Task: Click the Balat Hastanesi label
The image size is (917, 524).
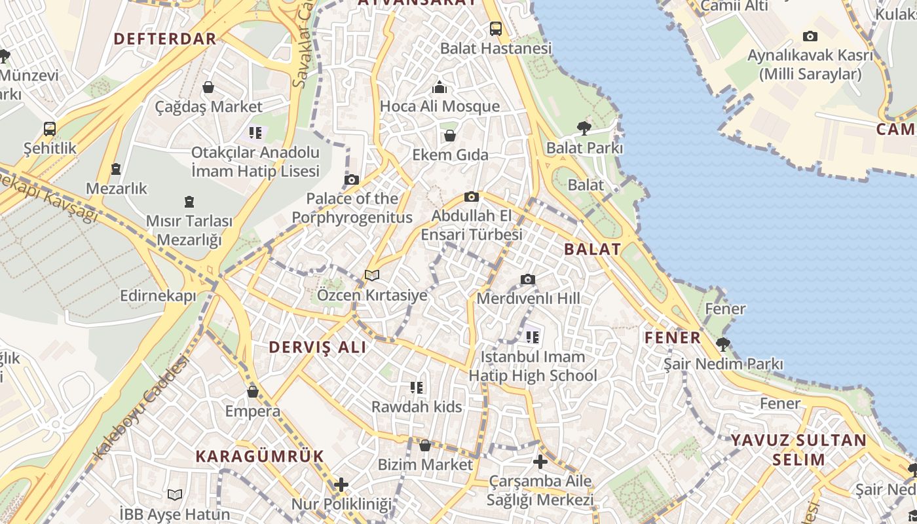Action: coord(496,48)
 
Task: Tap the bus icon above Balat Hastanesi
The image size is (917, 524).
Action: coord(496,29)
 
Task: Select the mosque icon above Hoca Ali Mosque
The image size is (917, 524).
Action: coord(440,87)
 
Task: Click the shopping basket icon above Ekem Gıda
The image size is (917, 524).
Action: coord(450,136)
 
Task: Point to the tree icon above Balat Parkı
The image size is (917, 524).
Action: coord(584,128)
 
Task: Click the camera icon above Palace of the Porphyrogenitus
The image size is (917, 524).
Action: coord(352,179)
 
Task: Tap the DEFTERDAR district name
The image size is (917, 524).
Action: coord(165,39)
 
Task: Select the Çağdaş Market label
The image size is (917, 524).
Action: coord(208,106)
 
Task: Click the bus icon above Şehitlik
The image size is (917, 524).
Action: coord(50,128)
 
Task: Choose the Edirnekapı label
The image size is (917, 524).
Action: coord(158,296)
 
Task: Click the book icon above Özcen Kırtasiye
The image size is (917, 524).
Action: coord(372,276)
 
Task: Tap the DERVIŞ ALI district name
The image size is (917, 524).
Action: coord(318,347)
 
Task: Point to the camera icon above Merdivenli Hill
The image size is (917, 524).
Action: coord(528,280)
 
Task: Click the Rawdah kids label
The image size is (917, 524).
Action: coord(417,407)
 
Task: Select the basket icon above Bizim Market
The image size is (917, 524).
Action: coord(424,445)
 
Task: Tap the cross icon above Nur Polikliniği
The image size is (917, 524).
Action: coord(341,485)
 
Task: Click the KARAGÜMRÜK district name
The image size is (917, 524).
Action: coord(260,456)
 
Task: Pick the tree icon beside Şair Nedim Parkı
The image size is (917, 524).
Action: coord(723,344)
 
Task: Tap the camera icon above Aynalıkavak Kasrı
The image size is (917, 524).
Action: coord(810,37)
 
